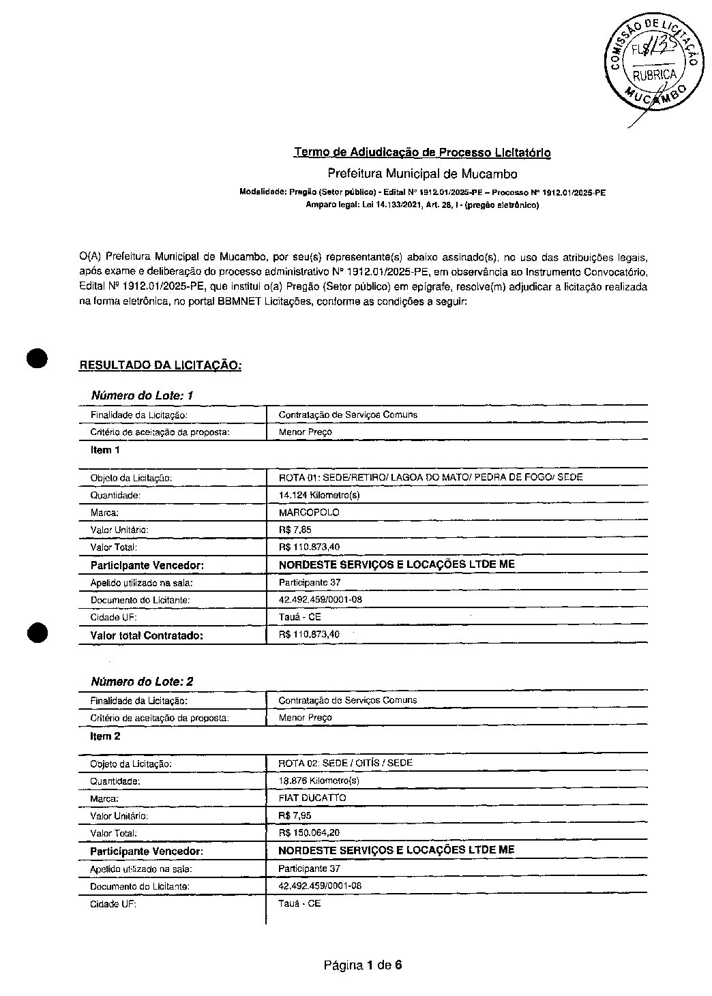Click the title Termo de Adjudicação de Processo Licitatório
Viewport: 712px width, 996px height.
coord(422,152)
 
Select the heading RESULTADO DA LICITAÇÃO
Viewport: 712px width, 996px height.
coord(160,365)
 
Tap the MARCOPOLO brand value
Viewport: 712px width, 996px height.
coord(309,513)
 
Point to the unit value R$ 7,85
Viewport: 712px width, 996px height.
coord(296,530)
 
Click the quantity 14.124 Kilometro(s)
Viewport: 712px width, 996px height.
coord(319,495)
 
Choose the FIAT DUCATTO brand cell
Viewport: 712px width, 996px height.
coord(312,798)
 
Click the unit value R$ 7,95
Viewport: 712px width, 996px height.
coord(295,815)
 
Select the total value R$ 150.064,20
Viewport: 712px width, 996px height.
coord(309,832)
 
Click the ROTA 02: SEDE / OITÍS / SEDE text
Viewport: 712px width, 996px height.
coord(345,763)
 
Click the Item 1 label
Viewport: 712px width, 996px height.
coord(105,450)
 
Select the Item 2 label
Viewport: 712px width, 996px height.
coord(105,736)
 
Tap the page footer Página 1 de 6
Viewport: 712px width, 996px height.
coord(363,965)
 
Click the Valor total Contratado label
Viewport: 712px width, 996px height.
coord(147,635)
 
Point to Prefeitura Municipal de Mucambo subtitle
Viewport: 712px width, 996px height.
coord(422,174)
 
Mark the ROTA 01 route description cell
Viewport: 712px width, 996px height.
coord(430,477)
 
